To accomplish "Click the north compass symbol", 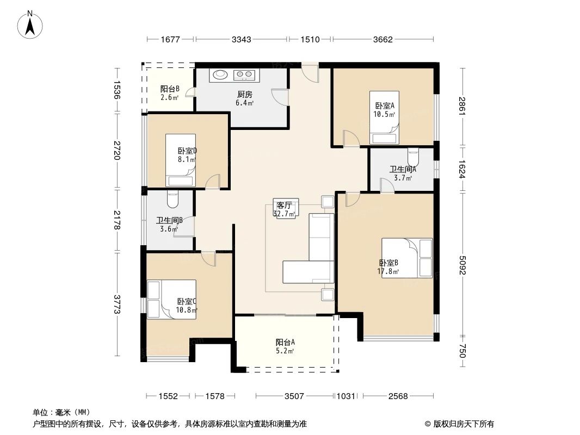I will point(31,25).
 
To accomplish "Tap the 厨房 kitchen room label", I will point(244,94).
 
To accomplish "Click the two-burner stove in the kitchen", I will point(243,75).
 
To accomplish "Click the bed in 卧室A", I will point(384,117).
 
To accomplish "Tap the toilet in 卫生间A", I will point(413,157).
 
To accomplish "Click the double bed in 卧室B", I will point(407,258).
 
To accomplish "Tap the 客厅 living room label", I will point(285,206).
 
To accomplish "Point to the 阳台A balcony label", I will point(285,342).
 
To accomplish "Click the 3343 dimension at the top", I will point(241,39).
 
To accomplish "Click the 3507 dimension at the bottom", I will point(294,396).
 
